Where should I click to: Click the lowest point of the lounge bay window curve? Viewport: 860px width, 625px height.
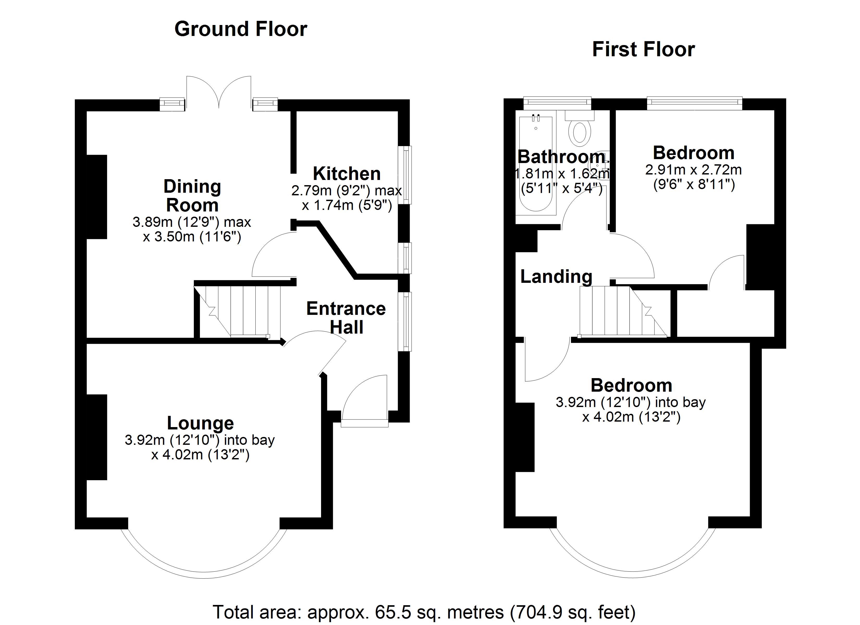pyautogui.click(x=204, y=578)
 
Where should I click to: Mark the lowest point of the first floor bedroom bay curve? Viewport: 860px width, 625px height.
pyautogui.click(x=632, y=577)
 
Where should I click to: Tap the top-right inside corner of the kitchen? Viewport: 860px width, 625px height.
pyautogui.click(x=398, y=111)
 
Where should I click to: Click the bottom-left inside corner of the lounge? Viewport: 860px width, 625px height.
pyautogui.click(x=87, y=517)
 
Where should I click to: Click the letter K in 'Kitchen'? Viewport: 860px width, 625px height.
pyautogui.click(x=319, y=174)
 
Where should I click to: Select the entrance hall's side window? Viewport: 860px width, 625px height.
pyautogui.click(x=405, y=321)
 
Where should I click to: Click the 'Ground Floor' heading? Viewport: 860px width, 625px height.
pyautogui.click(x=241, y=29)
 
